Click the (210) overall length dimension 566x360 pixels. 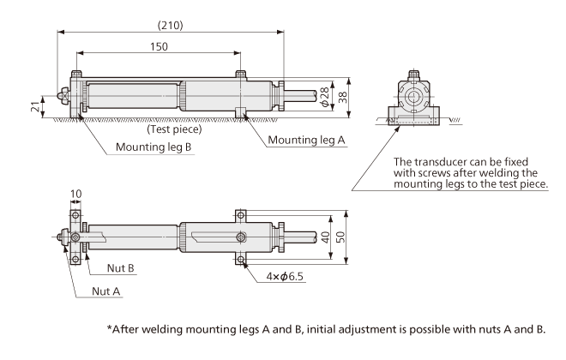[x=169, y=25]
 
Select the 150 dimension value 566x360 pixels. [x=158, y=47]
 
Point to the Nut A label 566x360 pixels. [x=107, y=291]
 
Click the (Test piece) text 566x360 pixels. [x=174, y=130]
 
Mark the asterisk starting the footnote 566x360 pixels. [x=110, y=329]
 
